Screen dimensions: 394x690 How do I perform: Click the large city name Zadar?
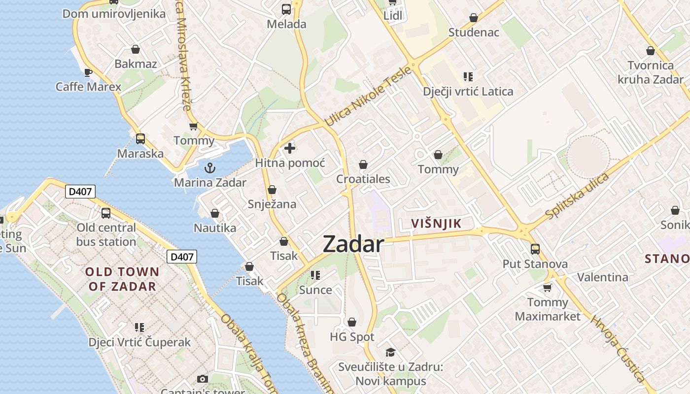pos(353,244)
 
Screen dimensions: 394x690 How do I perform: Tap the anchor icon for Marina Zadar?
pos(210,168)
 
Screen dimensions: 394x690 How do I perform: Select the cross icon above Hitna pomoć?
pos(290,148)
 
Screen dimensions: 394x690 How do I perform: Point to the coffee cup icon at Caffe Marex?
pos(88,73)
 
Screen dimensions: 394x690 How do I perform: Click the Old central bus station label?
pos(106,235)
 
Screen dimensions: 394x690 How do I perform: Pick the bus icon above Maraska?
pos(140,139)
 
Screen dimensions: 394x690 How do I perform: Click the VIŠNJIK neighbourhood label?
pos(437,224)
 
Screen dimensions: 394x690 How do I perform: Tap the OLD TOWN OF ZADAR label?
pos(122,279)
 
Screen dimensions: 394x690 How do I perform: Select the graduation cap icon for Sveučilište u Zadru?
pos(390,352)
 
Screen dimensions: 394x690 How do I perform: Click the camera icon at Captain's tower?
pos(202,379)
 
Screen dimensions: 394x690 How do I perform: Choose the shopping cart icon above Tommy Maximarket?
pos(547,288)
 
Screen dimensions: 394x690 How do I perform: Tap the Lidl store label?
pos(393,15)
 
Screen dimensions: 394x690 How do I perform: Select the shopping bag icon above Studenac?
pos(474,18)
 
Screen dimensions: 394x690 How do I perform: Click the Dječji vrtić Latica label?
pos(468,92)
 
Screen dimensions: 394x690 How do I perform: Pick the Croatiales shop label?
pos(363,179)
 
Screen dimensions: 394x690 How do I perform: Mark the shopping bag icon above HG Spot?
pos(352,323)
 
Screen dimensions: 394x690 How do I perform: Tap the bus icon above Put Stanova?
pos(535,249)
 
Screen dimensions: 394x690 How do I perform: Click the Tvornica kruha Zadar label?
pos(651,72)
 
